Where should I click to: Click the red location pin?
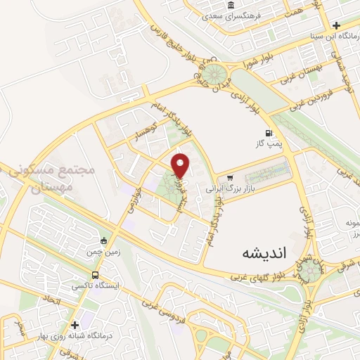coord(181,165)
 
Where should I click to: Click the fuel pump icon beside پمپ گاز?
coord(268,134)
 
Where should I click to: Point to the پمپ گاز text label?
coord(268,144)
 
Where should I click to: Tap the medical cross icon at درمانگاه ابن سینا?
coord(337,25)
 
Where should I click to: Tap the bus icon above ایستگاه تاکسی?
coord(95,276)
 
